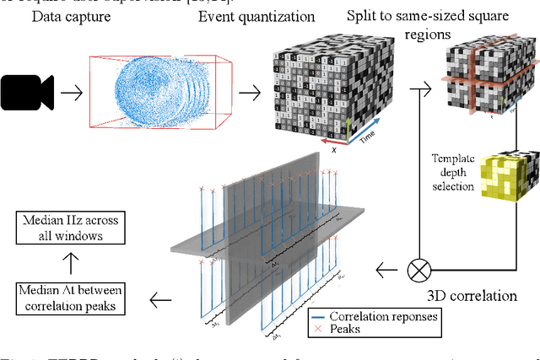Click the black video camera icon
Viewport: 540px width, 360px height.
click(27, 91)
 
